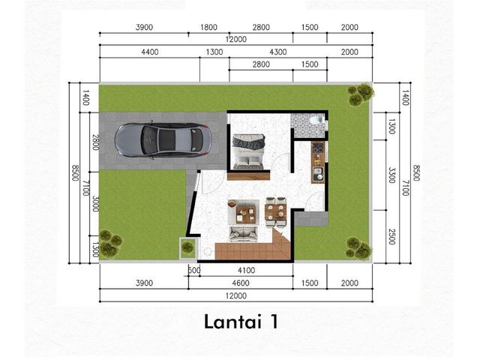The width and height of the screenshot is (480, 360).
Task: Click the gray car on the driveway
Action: point(163,140)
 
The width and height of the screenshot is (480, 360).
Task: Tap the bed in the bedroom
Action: point(248,151)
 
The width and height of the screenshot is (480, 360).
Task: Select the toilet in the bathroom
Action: point(315,120)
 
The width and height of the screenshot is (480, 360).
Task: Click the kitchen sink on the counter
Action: point(318,174)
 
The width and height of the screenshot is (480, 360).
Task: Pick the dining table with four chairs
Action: point(276,211)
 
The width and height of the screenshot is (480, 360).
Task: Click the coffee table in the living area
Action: point(246,213)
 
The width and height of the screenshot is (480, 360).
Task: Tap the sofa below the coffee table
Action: point(244,234)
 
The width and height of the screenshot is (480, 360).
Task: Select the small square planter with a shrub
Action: point(188,247)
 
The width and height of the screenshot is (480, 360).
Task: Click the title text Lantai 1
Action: point(241,322)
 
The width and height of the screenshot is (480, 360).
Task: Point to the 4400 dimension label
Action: point(150,52)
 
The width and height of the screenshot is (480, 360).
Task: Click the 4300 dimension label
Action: point(278,52)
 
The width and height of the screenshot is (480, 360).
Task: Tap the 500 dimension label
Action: point(194,270)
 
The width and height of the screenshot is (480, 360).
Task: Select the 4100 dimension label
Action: point(247,270)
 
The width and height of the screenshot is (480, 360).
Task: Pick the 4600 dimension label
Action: point(241,283)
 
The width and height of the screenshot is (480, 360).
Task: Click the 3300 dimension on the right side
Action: point(391,175)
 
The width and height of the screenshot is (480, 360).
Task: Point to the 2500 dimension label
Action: point(391,237)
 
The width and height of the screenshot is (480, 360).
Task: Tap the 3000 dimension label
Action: point(95,203)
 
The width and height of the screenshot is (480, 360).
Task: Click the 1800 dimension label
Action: point(208,27)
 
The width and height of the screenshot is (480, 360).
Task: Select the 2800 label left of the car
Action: point(95,142)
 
